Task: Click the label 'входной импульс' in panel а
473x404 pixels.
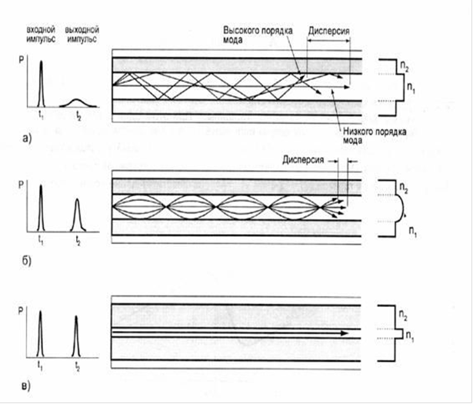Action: point(40,32)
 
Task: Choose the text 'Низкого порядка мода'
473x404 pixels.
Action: point(360,137)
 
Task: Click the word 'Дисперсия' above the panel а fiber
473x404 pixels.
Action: point(329,35)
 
